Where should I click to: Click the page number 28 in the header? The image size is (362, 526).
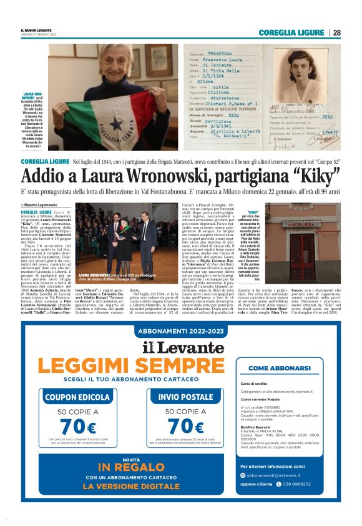336,32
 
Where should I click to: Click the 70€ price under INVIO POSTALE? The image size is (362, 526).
185,427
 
